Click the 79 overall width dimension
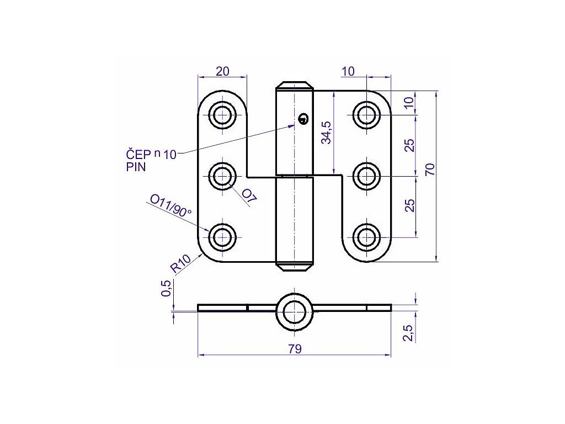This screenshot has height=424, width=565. [x=295, y=349]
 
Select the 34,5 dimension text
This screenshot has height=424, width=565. [x=327, y=133]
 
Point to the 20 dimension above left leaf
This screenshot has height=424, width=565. [x=222, y=71]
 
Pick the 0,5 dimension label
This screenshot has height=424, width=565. [x=166, y=288]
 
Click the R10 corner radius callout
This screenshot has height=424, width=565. [x=180, y=263]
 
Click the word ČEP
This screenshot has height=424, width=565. [x=138, y=155]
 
